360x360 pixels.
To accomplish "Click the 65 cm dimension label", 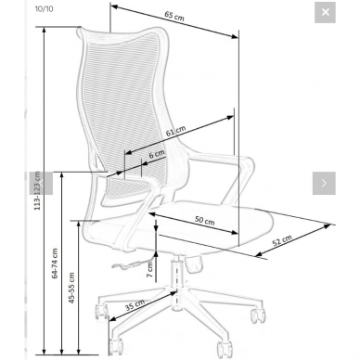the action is tap(174, 16).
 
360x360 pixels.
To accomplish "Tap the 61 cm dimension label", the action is tap(175, 131).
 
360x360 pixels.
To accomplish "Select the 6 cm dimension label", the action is tap(157, 154).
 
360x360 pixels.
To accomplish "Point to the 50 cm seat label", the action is tap(204, 220).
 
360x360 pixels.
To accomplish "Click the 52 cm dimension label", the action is tap(282, 240).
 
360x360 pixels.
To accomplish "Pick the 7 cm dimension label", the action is tap(149, 269).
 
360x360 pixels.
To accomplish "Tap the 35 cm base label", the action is tap(135, 305).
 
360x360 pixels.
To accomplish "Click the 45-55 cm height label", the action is tap(71, 288).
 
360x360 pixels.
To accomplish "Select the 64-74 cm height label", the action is tap(55, 264).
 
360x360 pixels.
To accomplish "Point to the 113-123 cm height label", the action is tap(37, 191).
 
